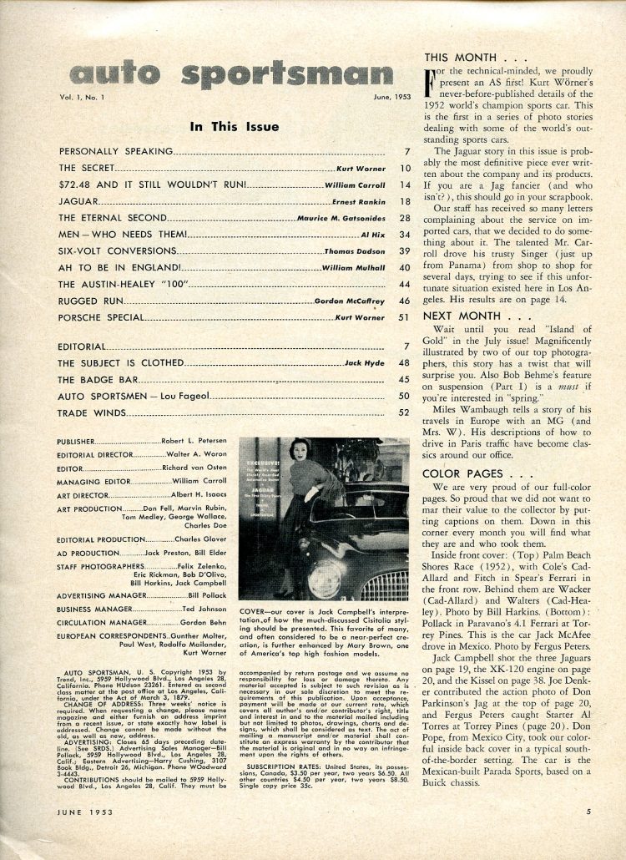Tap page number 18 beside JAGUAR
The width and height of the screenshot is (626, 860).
point(406,202)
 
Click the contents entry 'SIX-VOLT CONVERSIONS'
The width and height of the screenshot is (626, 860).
point(117,250)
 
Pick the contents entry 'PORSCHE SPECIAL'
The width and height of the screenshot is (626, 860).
point(101,318)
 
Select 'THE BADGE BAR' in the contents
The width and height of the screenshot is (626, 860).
point(96,379)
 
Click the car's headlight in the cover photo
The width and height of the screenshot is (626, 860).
point(324,578)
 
